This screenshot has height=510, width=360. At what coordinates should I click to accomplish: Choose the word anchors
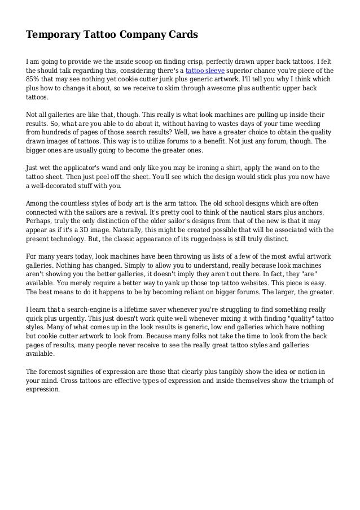319,211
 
